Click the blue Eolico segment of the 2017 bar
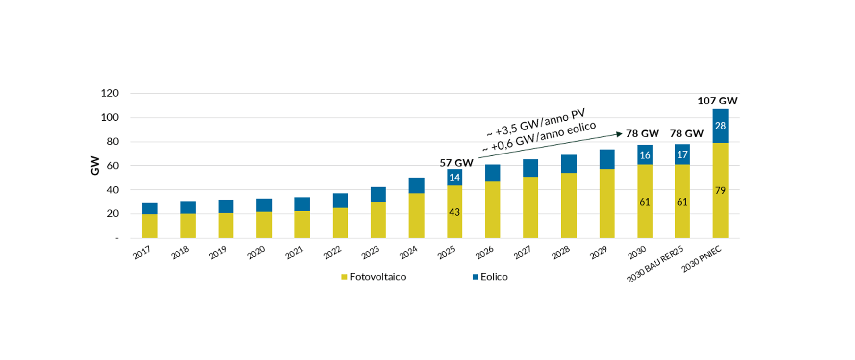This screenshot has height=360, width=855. coord(150,208)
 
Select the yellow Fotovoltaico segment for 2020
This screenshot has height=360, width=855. coord(264,225)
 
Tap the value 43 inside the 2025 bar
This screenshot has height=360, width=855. coord(454,212)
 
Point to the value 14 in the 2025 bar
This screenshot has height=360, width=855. coord(454,178)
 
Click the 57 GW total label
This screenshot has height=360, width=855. coord(456,163)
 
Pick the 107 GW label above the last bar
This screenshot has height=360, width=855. coord(717,101)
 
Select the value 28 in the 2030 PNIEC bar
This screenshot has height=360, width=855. coord(720,126)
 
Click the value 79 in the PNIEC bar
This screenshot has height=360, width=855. coord(720,190)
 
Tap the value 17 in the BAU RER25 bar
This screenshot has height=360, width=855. coord(682,154)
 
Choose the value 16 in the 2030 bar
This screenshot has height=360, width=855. coord(645,155)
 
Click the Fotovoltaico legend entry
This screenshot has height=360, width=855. coord(374,277)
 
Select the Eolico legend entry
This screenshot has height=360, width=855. coord(490,277)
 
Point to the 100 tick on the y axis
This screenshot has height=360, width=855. coord(110,117)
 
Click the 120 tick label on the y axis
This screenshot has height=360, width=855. coord(110,93)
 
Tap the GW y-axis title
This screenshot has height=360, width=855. coord(95,166)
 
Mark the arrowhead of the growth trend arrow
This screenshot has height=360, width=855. coord(619,133)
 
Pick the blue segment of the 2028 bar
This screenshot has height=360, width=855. coord(569,164)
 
